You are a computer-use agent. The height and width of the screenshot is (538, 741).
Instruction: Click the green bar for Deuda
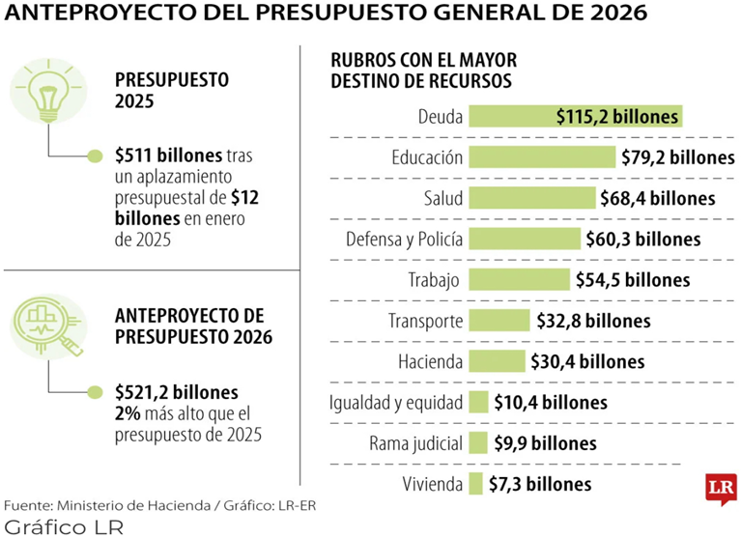tap(576, 116)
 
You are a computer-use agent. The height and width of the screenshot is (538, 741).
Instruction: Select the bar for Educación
tap(542, 157)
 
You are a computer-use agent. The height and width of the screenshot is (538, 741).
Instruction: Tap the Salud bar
tap(532, 198)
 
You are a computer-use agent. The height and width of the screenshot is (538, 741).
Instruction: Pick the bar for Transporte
tap(499, 321)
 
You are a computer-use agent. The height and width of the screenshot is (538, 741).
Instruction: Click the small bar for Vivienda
tap(475, 484)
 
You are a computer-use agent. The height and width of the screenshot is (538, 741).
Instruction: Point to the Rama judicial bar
tap(478, 443)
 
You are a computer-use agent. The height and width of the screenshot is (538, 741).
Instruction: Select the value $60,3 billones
tap(643, 239)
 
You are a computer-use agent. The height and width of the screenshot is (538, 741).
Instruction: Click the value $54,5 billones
tap(633, 280)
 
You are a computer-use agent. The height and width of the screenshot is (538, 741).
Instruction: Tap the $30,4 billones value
tap(587, 362)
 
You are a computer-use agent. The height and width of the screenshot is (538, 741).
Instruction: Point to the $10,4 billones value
tap(551, 403)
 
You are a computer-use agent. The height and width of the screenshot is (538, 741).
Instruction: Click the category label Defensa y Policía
tap(404, 240)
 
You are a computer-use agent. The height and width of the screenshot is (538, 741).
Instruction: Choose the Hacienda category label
tap(431, 362)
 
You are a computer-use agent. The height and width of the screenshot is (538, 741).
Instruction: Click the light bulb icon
tap(48, 91)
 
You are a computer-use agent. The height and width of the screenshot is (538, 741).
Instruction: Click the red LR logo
tap(722, 489)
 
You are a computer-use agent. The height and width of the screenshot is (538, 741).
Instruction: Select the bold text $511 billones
tap(168, 155)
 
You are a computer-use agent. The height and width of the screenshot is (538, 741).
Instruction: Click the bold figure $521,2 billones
tap(177, 392)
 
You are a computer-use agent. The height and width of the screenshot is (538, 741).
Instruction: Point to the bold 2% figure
tap(128, 413)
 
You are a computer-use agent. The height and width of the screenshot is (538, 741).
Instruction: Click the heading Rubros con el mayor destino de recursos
tap(424, 71)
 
